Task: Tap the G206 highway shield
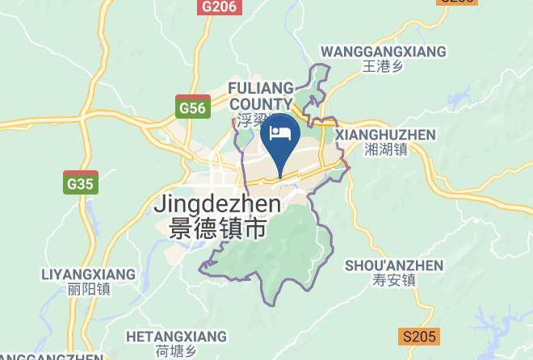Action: point(220,6)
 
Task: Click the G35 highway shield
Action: point(81,183)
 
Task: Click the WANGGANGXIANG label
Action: point(383,52)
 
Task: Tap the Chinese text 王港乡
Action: point(383,67)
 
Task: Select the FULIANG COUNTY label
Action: point(260,95)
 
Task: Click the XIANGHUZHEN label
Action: point(385,135)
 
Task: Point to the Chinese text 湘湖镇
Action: point(385,149)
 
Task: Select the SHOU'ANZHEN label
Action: point(394,266)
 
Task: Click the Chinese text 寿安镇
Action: point(394,280)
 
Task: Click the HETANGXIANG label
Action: point(176,336)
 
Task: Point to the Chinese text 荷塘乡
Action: point(176,351)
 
